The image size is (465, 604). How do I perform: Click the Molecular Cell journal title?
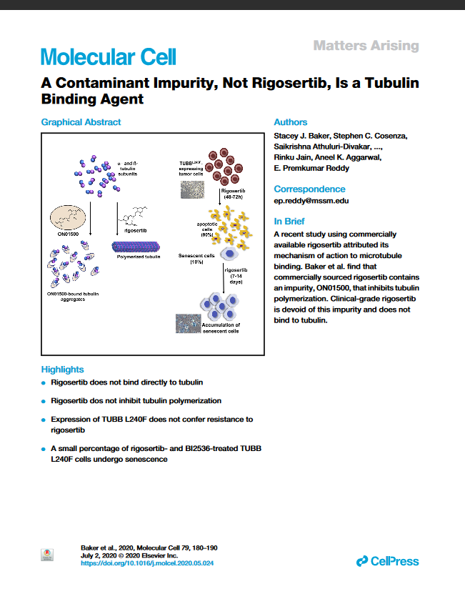pos(109,57)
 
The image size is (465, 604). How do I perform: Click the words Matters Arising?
pos(366,46)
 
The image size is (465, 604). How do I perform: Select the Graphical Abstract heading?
pos(81,122)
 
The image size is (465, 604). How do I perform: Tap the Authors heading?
pos(291,122)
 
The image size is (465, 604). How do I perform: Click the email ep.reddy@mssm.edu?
pos(311,201)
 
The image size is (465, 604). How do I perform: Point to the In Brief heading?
pos(290,222)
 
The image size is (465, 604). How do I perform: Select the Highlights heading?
pos(63,370)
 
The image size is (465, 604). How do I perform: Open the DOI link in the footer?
pos(147,563)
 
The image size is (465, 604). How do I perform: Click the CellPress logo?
pos(387,561)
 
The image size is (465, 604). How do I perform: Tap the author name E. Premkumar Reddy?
pos(311,169)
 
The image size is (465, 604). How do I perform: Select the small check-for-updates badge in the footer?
pos(48,555)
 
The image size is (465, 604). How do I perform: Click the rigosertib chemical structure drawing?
pos(136,214)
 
